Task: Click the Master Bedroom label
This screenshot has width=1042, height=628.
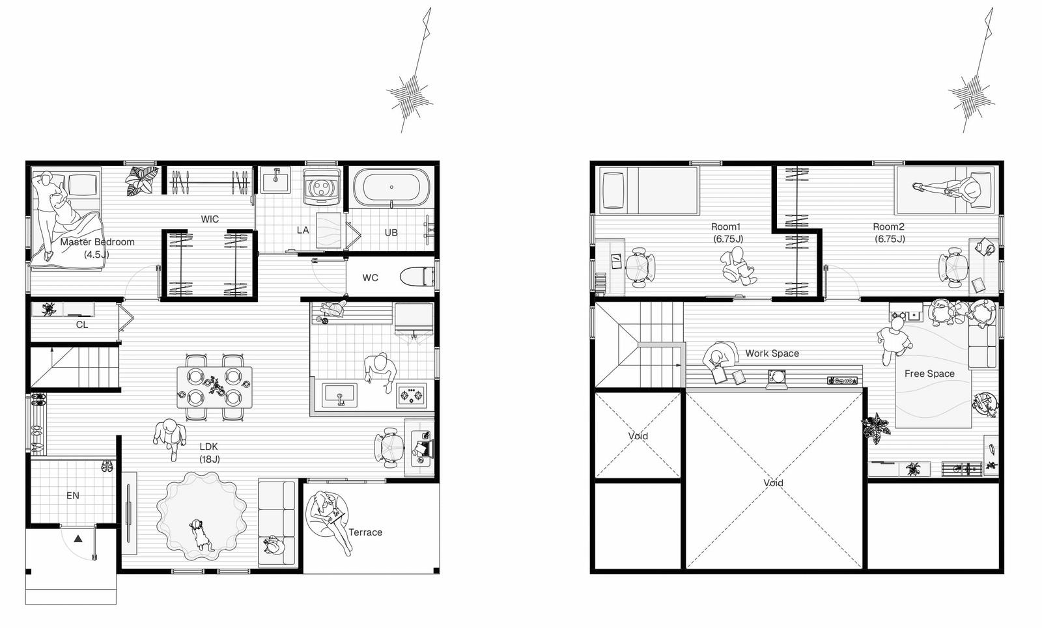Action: pos(97,241)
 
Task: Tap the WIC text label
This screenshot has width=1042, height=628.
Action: pos(210,219)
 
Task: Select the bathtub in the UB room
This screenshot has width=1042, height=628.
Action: pos(391,187)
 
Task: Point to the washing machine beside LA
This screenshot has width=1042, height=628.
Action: pos(321,187)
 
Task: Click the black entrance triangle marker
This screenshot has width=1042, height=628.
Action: pos(78,539)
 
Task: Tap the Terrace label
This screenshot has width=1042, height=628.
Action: pos(365,532)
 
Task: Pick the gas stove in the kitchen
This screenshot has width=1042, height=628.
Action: pos(412,395)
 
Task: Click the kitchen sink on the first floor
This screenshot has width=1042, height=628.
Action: pos(339,396)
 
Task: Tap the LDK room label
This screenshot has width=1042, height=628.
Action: pos(209,453)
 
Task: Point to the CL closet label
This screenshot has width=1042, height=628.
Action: pos(82,325)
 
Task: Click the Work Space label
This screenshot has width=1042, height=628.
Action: pos(772,353)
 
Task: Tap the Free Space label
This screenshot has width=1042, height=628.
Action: pos(929,374)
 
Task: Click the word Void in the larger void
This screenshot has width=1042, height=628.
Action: pos(773,483)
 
